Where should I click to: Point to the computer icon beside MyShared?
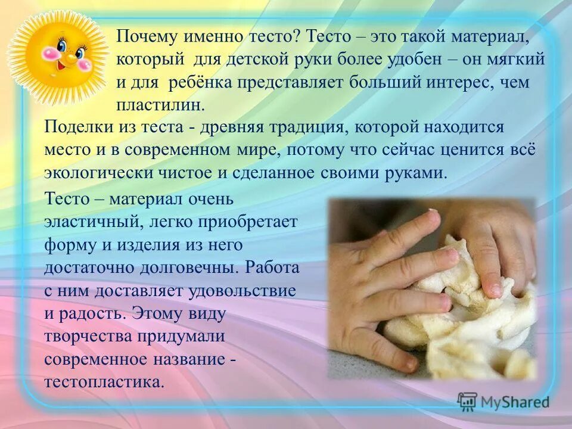pyautogui.click(x=468, y=402)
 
